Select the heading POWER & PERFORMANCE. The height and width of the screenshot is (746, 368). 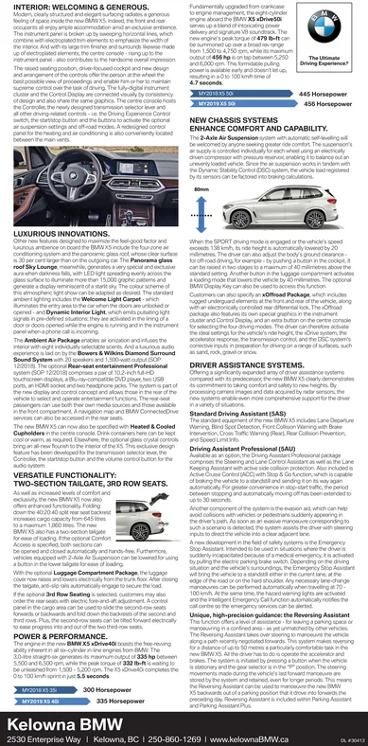click(x=57, y=627)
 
